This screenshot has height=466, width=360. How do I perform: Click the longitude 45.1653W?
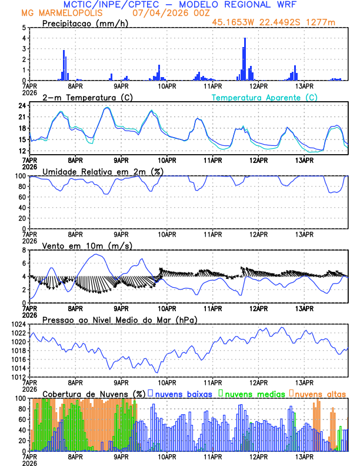(235, 22)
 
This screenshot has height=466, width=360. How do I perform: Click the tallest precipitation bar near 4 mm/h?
(245, 59)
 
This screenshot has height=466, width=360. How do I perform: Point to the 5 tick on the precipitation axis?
(24, 28)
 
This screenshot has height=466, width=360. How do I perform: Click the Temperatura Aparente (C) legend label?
(264, 97)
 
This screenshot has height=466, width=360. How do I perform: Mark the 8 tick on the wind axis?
(24, 250)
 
